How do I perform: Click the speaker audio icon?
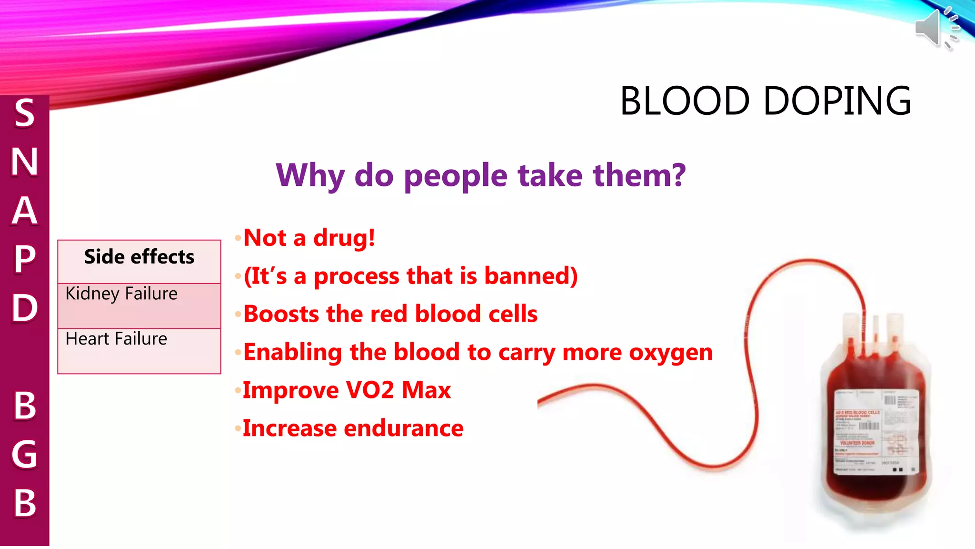[x=936, y=28]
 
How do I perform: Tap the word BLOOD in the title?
[x=685, y=101]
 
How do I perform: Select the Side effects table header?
[x=139, y=257]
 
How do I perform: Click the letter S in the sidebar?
[x=24, y=113]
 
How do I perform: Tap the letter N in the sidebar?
[x=24, y=162]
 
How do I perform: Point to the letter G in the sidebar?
[x=24, y=454]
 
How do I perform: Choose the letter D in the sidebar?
[x=24, y=307]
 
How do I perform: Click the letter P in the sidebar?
[x=24, y=259]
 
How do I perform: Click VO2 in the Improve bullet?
[x=369, y=390]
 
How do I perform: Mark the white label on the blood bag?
[x=876, y=431]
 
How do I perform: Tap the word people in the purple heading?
[x=456, y=176]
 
